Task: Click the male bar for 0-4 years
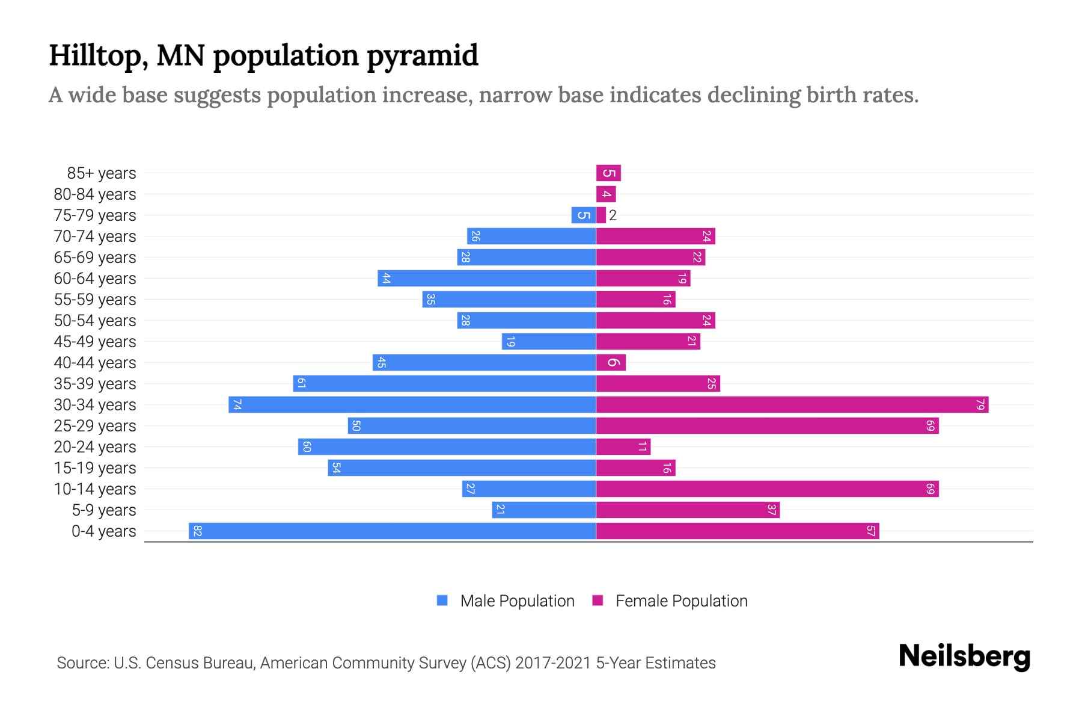392,531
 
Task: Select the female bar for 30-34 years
792,404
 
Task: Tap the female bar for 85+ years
608,173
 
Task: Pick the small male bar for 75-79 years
583,215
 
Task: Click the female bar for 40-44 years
611,362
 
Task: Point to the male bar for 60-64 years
487,278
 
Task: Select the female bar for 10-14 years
767,489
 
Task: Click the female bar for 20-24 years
623,446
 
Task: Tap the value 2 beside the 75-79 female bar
613,215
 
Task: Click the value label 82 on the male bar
197,531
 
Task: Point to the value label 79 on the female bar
980,404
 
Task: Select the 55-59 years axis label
95,300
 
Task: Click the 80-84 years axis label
95,194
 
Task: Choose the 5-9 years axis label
104,510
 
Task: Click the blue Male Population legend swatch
442,600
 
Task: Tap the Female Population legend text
681,600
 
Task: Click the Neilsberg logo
964,656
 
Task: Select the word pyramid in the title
422,56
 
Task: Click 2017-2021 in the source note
553,663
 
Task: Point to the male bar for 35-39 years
445,383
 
